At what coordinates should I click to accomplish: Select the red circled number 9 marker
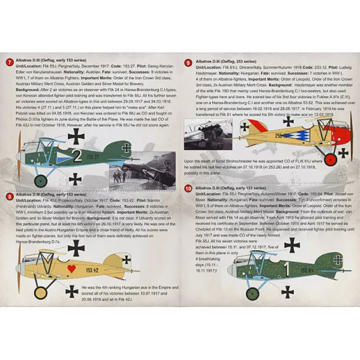189,63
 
